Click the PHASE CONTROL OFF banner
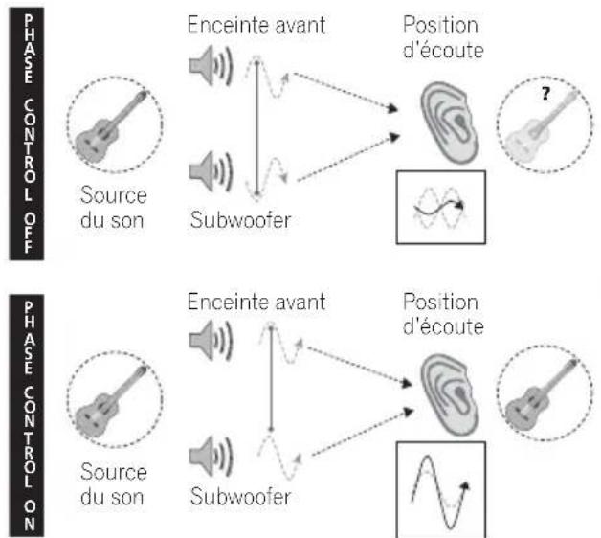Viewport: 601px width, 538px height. point(27,134)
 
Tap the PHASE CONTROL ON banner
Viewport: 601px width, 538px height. point(27,415)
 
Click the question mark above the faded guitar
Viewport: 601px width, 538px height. point(545,94)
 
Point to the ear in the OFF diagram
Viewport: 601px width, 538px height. point(449,123)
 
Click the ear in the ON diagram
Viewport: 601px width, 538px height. point(449,395)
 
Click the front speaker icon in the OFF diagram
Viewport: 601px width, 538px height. point(211,65)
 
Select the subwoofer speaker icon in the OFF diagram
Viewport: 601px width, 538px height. point(211,171)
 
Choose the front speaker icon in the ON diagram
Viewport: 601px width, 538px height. point(211,341)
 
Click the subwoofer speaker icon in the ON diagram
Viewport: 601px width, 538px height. point(211,456)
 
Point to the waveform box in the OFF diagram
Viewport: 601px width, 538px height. point(441,207)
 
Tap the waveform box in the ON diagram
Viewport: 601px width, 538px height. point(441,490)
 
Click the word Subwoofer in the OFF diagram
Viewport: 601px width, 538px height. point(241,220)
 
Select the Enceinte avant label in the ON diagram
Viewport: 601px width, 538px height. point(256,302)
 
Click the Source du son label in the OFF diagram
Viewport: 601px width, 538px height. point(114,208)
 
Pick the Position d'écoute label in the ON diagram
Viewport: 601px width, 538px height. point(443,314)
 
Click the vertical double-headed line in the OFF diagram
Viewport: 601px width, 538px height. point(257,127)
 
